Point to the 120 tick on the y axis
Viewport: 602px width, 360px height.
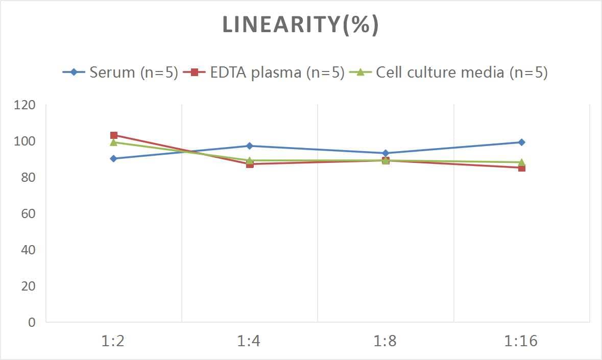pos(25,105)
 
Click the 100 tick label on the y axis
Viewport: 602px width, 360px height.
pos(25,141)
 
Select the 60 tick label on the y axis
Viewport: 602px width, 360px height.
pos(29,213)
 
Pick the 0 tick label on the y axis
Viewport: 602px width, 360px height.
pos(32,322)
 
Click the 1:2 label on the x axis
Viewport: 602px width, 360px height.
pos(113,341)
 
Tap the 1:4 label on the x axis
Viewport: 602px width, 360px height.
pos(249,341)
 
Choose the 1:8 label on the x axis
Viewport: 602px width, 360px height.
pos(386,341)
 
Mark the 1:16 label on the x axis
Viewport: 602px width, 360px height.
pos(521,341)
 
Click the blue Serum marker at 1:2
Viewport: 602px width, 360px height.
pos(113,159)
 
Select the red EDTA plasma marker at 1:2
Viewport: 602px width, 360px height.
pos(113,135)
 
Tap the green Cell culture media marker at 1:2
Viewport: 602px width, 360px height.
pos(113,142)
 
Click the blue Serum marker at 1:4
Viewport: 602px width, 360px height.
pos(249,146)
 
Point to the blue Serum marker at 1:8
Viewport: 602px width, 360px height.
pos(386,153)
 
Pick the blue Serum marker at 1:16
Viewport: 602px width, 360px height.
pos(521,142)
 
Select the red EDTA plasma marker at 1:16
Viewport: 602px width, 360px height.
pos(521,168)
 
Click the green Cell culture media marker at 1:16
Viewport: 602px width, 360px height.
pos(521,162)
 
